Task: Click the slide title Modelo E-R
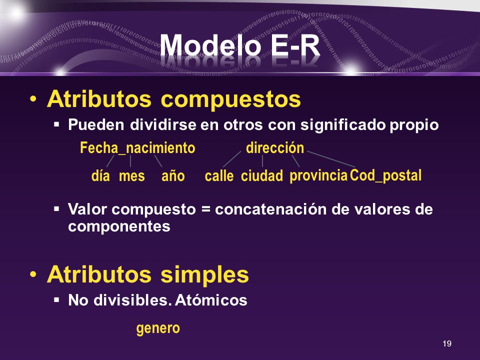pyautogui.click(x=239, y=45)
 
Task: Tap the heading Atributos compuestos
pyautogui.click(x=174, y=99)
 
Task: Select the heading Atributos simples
pyautogui.click(x=148, y=274)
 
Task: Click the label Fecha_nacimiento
pyautogui.click(x=137, y=148)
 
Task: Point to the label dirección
pyautogui.click(x=275, y=147)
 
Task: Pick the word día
pyautogui.click(x=100, y=175)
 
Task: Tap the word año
pyautogui.click(x=173, y=176)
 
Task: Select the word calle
pyautogui.click(x=219, y=175)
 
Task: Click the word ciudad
pyautogui.click(x=261, y=175)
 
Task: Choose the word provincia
pyautogui.click(x=318, y=176)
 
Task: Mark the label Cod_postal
pyautogui.click(x=385, y=175)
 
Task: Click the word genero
pyautogui.click(x=158, y=328)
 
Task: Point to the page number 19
pyautogui.click(x=447, y=343)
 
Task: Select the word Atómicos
pyautogui.click(x=211, y=299)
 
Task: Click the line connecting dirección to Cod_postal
pyautogui.click(x=331, y=159)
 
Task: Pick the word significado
pyautogui.click(x=343, y=125)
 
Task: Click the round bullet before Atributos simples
pyautogui.click(x=33, y=274)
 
